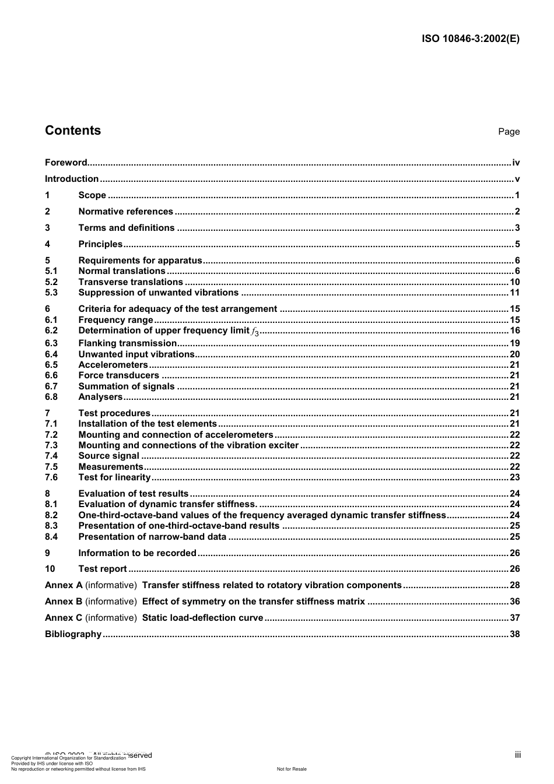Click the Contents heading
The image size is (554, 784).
point(73,131)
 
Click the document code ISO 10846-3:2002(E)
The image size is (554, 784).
point(471,39)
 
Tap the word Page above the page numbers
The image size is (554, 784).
point(509,132)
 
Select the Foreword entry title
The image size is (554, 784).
point(66,163)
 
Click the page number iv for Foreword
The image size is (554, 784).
point(516,163)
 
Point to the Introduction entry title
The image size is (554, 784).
point(72,179)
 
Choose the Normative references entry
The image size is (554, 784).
point(125,212)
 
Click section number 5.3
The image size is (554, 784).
point(51,293)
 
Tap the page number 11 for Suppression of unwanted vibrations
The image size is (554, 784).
point(514,293)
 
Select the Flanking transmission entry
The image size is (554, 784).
point(127,343)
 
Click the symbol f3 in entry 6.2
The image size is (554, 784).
point(255,332)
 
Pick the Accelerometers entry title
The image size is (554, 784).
point(113,365)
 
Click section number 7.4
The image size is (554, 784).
point(51,456)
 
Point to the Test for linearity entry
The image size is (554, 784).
point(114,477)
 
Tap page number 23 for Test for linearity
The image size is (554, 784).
point(514,477)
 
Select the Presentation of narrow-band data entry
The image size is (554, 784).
point(152,537)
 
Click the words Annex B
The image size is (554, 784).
point(64,602)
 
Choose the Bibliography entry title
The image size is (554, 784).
point(73,634)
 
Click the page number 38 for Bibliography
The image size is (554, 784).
point(514,634)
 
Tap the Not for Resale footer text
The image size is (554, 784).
point(292,769)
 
